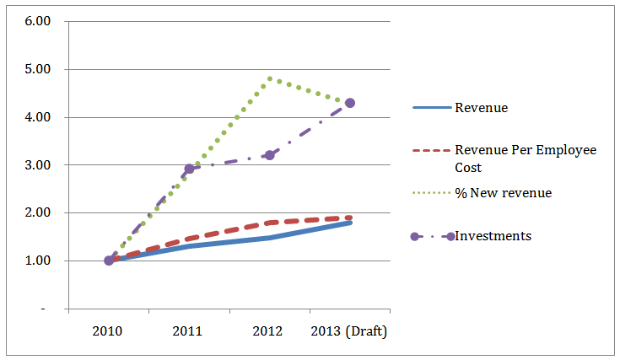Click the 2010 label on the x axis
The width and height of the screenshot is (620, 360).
(x=108, y=331)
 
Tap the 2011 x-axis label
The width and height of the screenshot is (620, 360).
(x=188, y=331)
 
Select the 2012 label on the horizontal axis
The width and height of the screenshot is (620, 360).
(x=268, y=331)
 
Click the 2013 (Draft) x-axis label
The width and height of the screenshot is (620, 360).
(x=349, y=331)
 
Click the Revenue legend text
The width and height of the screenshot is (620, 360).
(x=481, y=108)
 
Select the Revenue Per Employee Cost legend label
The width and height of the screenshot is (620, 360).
(x=525, y=158)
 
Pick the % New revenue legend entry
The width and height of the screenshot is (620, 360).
(x=503, y=193)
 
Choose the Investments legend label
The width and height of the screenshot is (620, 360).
(x=493, y=236)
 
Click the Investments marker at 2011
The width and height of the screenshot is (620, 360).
(x=190, y=169)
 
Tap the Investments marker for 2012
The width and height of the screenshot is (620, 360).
(x=270, y=155)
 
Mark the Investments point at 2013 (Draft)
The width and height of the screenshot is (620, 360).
(x=350, y=103)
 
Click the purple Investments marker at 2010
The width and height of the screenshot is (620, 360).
(x=109, y=261)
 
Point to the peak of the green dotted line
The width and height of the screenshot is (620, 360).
(x=270, y=78)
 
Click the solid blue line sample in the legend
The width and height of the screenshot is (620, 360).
(x=431, y=108)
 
